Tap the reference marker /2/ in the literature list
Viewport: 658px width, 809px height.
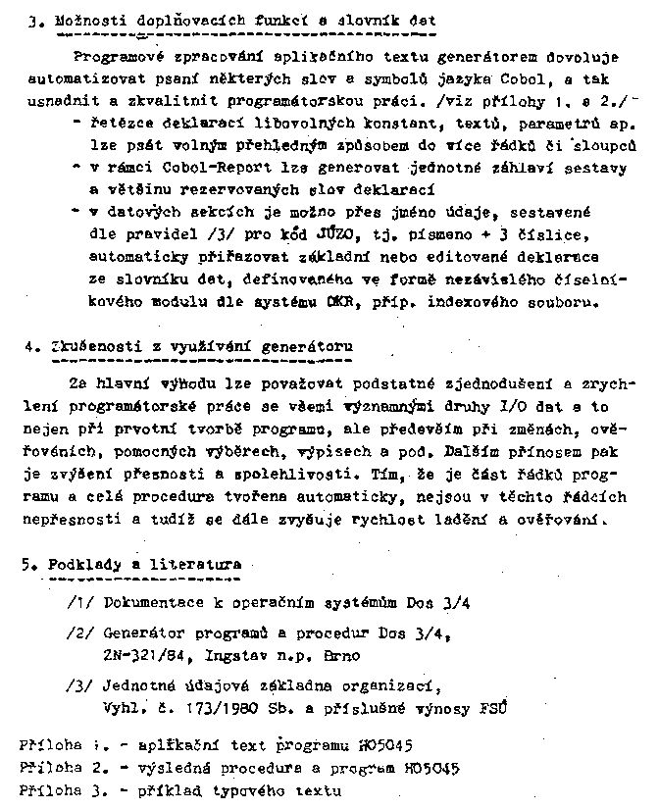click(x=81, y=634)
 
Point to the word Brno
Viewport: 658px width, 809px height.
click(x=342, y=654)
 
